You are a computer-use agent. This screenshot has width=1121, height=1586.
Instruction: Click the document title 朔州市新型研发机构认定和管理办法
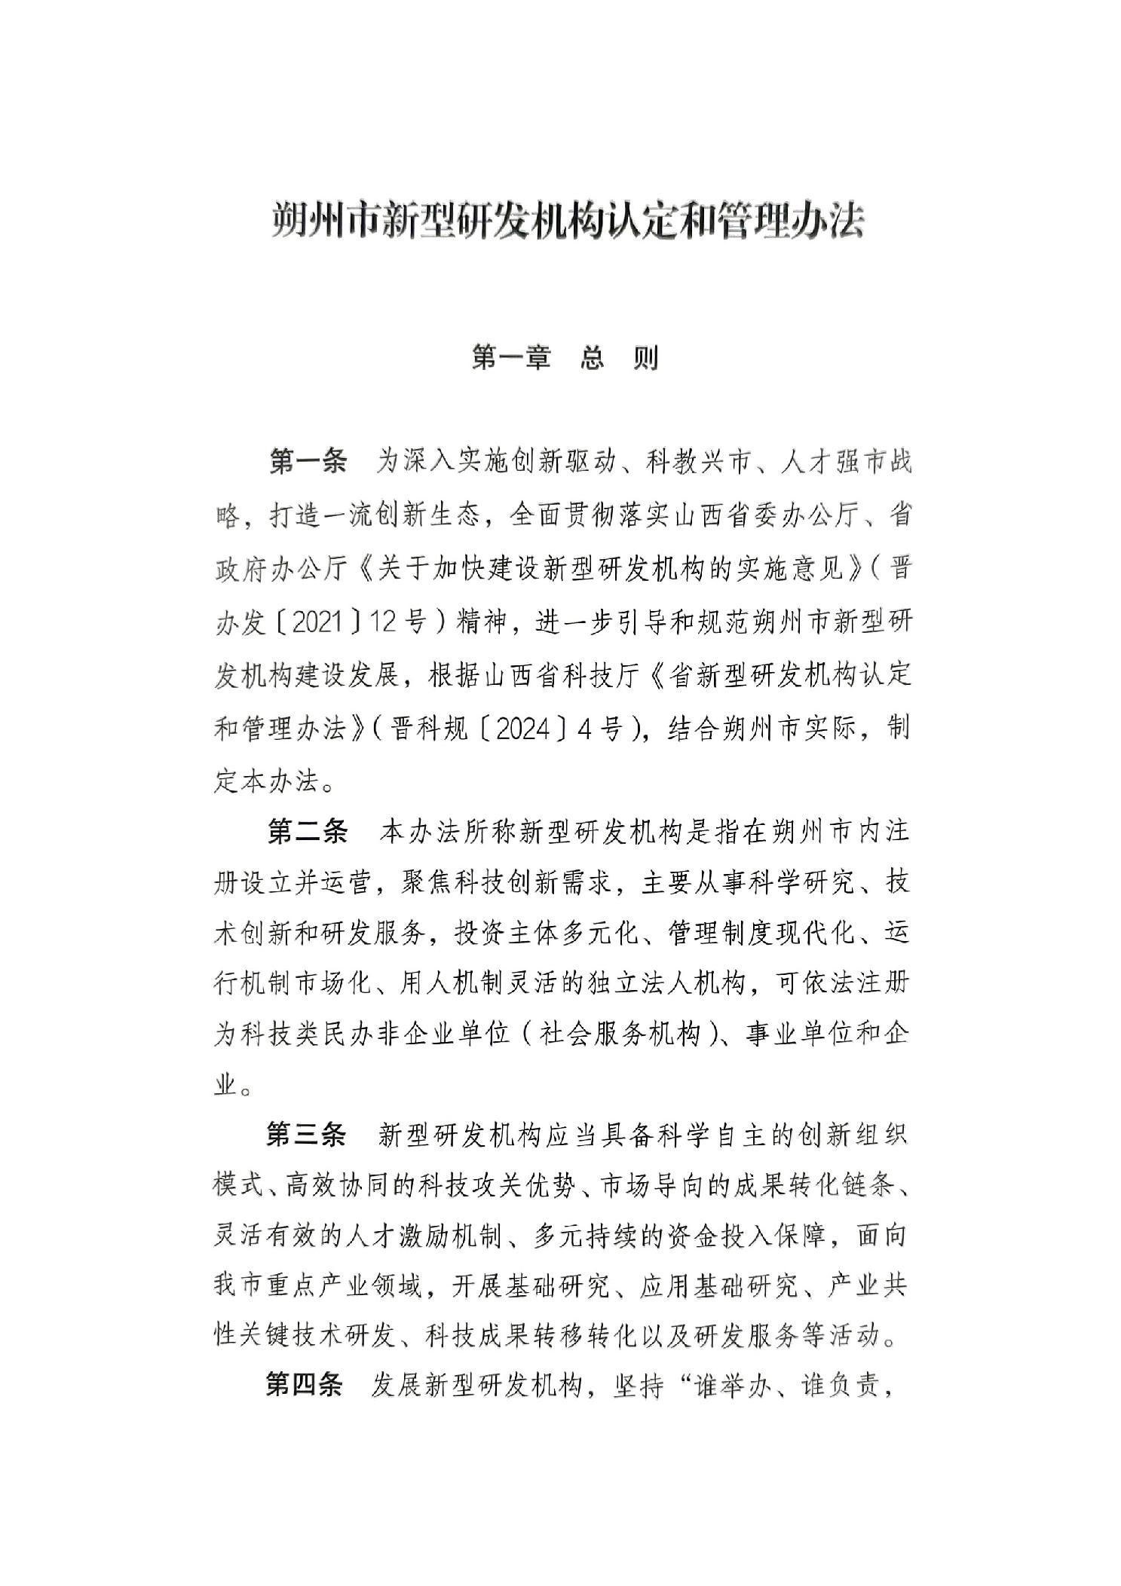click(567, 221)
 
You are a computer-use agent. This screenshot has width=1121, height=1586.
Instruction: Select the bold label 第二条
click(308, 832)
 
